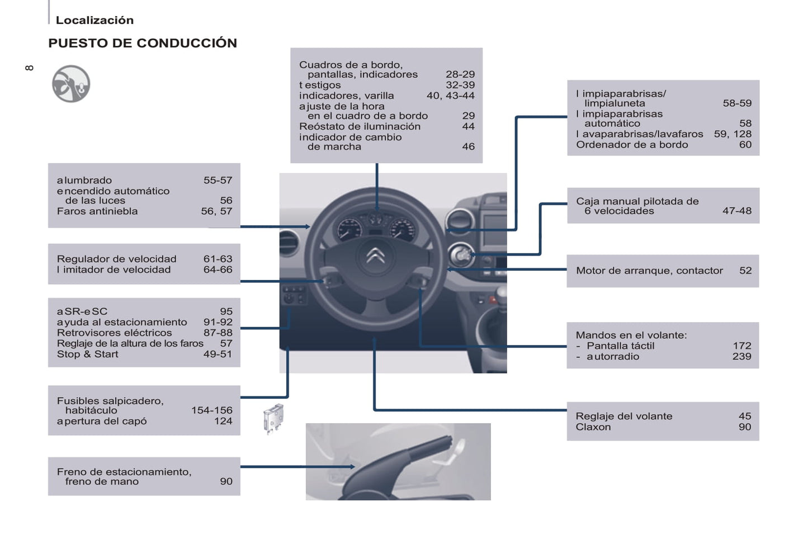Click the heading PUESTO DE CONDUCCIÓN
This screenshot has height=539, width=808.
point(143,43)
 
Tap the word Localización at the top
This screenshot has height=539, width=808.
point(94,20)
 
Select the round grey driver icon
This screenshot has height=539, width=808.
point(71,84)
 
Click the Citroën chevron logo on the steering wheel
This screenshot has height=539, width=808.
point(376,256)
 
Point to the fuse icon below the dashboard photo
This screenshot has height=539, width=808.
point(273,418)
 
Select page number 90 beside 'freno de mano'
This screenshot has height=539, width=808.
point(226,481)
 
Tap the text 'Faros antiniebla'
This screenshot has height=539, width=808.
point(97,211)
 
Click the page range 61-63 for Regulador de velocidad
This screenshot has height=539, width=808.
point(218,259)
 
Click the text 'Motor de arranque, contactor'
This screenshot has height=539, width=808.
point(649,271)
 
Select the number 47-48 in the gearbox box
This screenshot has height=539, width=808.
point(736,211)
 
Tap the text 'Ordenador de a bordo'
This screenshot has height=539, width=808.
point(632,145)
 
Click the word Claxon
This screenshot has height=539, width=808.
point(593,427)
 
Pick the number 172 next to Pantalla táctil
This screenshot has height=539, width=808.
point(742,346)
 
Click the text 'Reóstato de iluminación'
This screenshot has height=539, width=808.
point(360,126)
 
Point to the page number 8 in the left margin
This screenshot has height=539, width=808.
point(30,68)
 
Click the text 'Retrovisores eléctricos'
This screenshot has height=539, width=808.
point(115,333)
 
